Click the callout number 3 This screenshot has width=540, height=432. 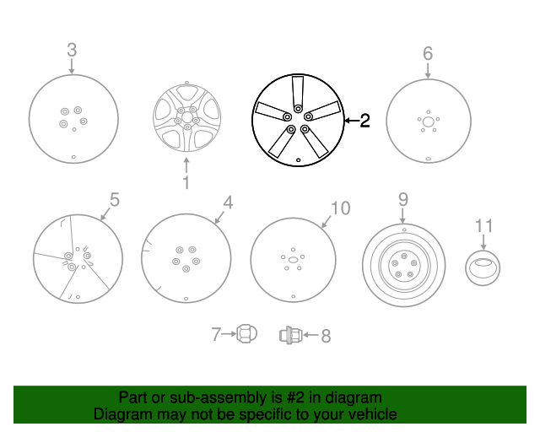tap(72, 49)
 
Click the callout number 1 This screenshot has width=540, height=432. tap(186, 181)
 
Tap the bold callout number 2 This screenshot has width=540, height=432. tap(364, 121)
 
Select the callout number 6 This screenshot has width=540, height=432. tap(428, 54)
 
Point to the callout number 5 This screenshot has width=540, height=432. tap(115, 200)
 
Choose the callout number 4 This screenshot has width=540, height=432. tap(227, 202)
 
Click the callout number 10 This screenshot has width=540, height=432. tap(340, 208)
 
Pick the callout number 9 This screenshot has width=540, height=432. tap(403, 200)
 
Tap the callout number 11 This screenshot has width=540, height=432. tap(483, 225)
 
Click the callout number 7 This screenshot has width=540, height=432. tap(216, 335)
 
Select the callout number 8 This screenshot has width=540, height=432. tap(325, 336)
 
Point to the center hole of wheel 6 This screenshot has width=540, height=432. tap(429, 122)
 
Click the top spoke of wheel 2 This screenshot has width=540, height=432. tap(299, 91)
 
